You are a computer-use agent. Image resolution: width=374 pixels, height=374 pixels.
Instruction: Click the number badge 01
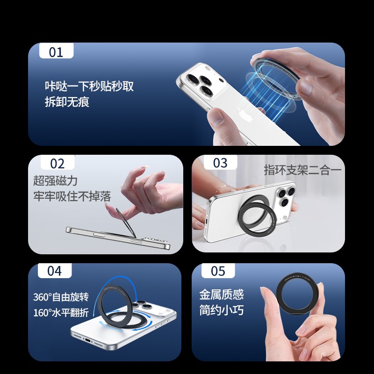[56, 51]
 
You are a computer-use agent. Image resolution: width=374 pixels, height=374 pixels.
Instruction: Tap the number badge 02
[58, 163]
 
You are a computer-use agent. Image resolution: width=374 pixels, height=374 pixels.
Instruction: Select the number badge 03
[220, 162]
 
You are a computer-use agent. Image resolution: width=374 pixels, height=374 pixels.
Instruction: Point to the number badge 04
[55, 271]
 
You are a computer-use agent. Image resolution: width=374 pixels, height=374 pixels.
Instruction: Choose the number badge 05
[218, 271]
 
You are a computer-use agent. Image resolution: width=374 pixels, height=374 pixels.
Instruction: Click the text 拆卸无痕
[67, 102]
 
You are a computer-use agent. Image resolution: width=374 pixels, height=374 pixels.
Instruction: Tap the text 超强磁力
[55, 180]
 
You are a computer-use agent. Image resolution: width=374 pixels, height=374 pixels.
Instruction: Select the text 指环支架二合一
[302, 170]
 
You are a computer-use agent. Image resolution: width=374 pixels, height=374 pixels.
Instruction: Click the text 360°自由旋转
[61, 297]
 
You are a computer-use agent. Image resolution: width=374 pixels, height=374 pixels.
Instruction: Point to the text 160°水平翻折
[61, 312]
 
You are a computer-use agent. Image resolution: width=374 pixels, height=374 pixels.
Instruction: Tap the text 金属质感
[222, 295]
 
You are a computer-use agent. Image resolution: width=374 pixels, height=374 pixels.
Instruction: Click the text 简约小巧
[222, 310]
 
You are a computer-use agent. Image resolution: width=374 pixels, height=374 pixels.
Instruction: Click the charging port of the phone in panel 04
[87, 340]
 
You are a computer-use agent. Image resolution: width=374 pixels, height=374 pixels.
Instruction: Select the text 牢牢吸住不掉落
[72, 196]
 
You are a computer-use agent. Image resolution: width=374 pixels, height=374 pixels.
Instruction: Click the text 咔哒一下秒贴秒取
[89, 86]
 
